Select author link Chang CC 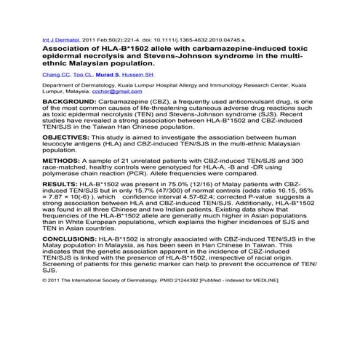coord(55,74)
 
